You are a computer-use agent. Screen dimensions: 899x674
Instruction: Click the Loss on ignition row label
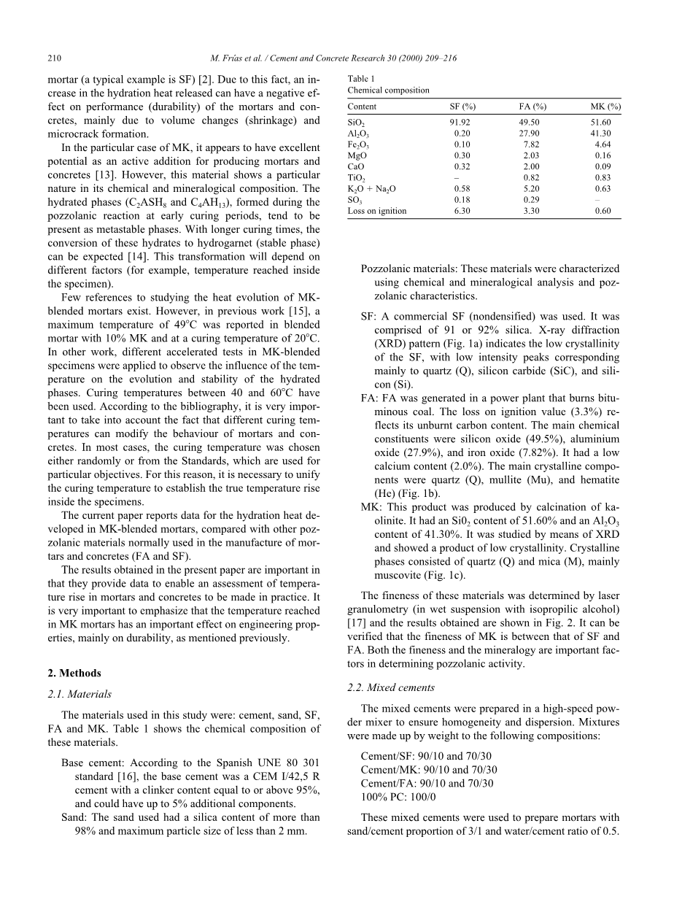(377, 211)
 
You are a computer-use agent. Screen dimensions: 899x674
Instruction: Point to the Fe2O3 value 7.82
(531, 144)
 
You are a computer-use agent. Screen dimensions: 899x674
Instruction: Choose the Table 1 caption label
(361, 79)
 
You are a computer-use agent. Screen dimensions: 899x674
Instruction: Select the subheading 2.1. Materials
(80, 694)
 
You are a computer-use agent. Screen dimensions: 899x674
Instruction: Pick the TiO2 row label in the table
(357, 178)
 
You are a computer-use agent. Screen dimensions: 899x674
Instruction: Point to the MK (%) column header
(605, 107)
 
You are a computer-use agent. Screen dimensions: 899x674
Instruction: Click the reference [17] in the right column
(355, 622)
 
